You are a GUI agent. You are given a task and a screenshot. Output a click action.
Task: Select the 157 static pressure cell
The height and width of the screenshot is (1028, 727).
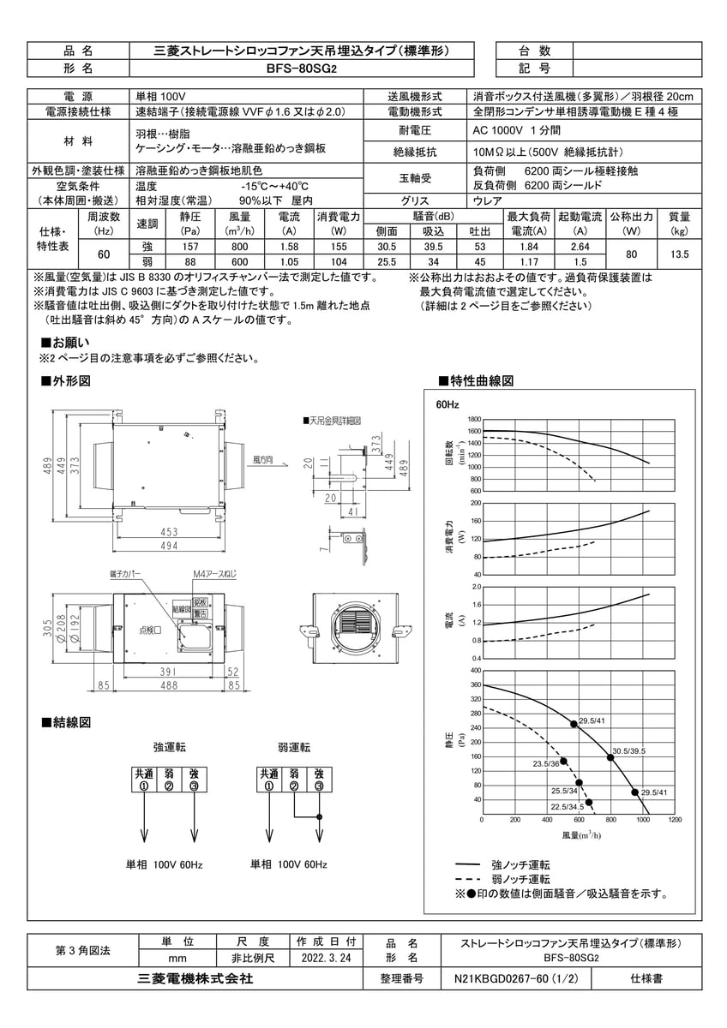(190, 246)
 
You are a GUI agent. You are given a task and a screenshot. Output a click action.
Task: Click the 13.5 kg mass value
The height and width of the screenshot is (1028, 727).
(679, 254)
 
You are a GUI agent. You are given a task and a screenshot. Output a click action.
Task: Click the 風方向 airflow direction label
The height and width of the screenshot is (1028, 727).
(263, 461)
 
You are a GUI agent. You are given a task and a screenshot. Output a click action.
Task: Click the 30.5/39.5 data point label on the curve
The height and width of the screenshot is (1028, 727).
(628, 750)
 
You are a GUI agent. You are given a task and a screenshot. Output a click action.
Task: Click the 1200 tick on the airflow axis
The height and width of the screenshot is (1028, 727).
(674, 820)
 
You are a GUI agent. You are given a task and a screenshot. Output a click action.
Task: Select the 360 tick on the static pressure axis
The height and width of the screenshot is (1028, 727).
(475, 684)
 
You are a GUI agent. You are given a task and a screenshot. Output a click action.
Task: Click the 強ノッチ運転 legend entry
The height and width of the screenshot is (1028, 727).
(521, 865)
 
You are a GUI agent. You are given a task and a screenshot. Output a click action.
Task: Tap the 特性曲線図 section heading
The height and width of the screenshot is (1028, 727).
(480, 380)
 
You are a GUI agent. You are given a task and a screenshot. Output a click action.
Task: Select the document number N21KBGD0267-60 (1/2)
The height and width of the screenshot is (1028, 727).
(515, 977)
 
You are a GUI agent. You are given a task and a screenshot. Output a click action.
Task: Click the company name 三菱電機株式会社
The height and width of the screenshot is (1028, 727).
(195, 977)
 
